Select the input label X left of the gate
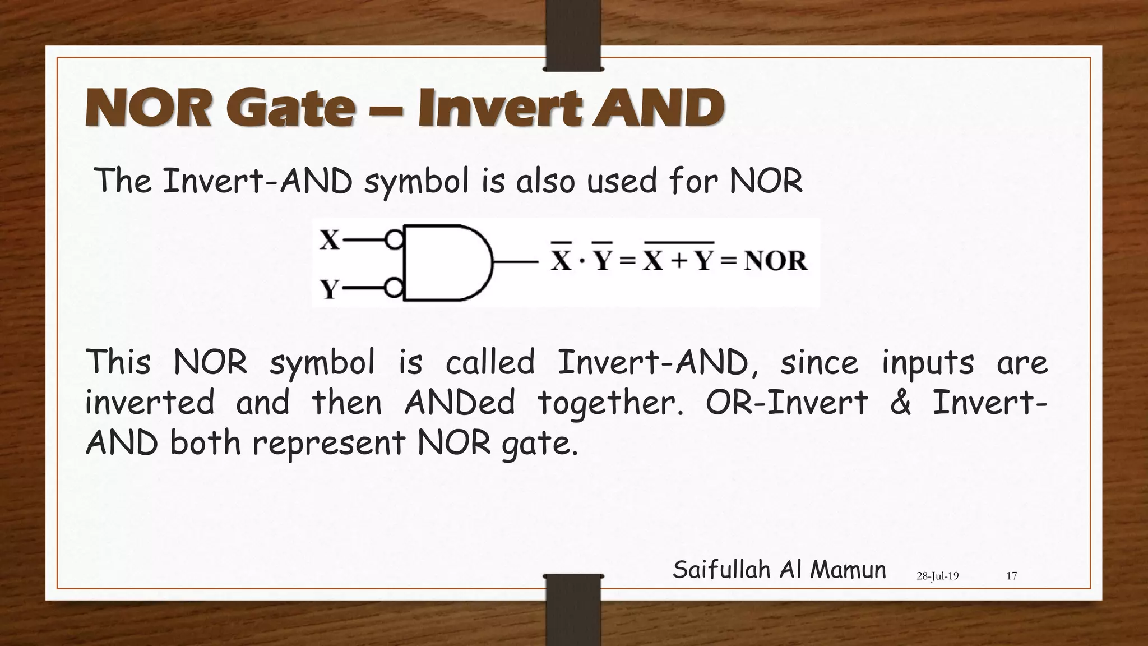tap(330, 240)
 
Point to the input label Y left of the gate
tap(330, 289)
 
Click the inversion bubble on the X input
tap(395, 240)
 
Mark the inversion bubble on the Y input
tap(395, 289)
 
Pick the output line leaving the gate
tap(516, 261)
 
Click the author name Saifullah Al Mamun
tap(779, 570)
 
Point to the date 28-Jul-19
tap(937, 576)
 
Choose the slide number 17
tap(1011, 576)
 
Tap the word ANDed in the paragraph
tap(459, 403)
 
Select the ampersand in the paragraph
tap(900, 403)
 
